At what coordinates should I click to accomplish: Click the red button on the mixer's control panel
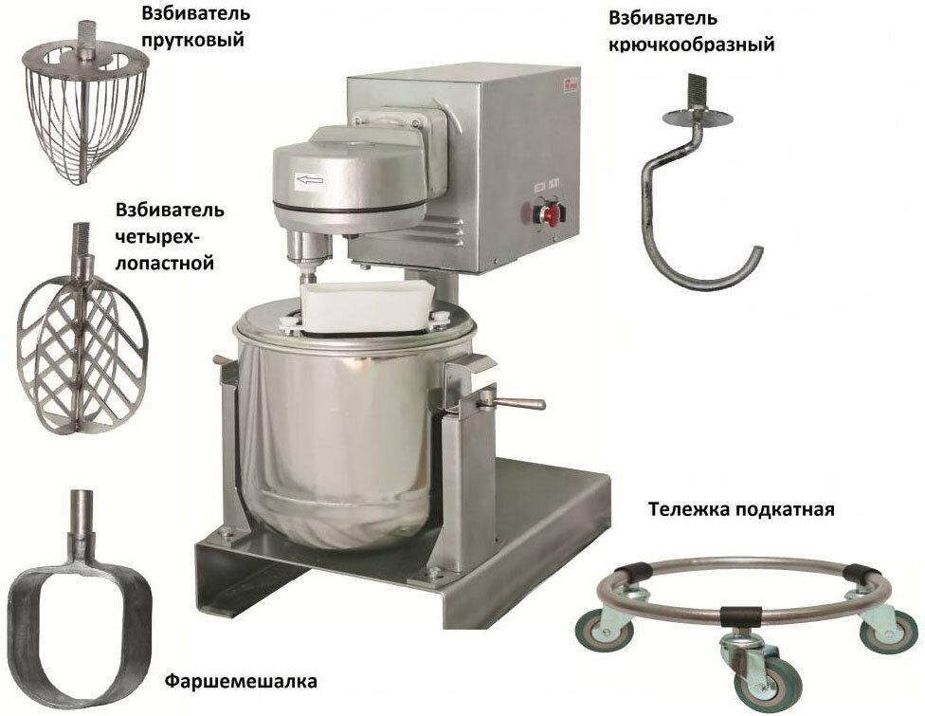(550, 215)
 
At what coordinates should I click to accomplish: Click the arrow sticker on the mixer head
(310, 179)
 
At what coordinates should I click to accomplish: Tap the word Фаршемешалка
(241, 681)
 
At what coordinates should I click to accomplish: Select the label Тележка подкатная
(741, 508)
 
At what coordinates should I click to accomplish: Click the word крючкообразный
(691, 46)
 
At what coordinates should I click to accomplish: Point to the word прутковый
(193, 40)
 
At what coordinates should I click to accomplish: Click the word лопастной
(164, 262)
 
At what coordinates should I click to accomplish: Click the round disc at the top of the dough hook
(698, 117)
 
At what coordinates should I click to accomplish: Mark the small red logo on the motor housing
(562, 83)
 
